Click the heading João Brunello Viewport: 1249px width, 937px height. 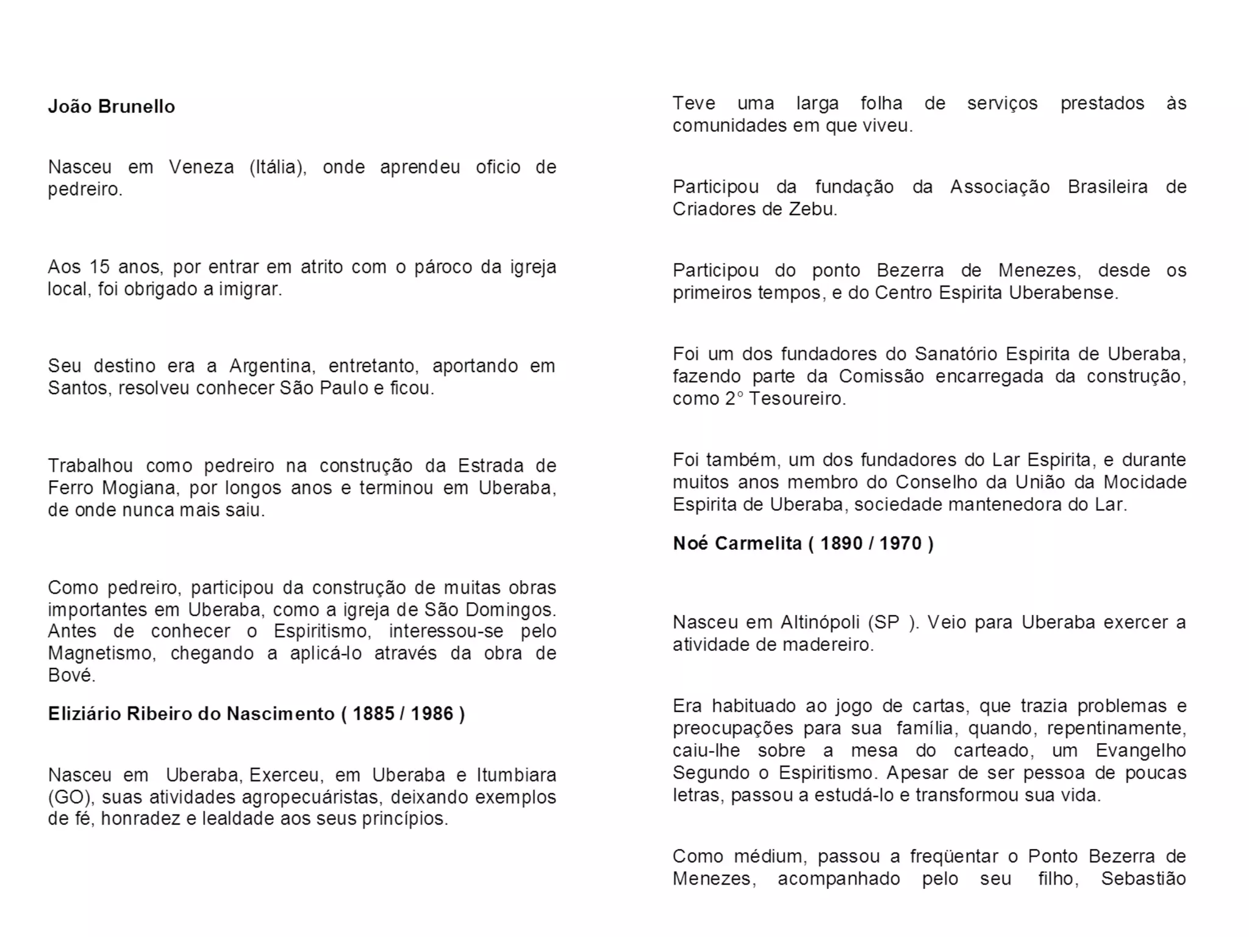pos(111,107)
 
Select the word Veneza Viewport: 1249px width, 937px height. pos(201,167)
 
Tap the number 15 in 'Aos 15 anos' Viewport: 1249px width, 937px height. pos(99,267)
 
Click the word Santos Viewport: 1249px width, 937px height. pos(79,389)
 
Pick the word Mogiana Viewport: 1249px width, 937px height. pos(140,488)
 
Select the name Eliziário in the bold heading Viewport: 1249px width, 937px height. pos(85,714)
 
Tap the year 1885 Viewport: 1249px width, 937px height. pos(373,714)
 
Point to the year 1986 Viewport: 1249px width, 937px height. pos(432,714)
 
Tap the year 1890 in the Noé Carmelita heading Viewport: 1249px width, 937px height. pos(841,544)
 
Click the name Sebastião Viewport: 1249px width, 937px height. pos(1143,879)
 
